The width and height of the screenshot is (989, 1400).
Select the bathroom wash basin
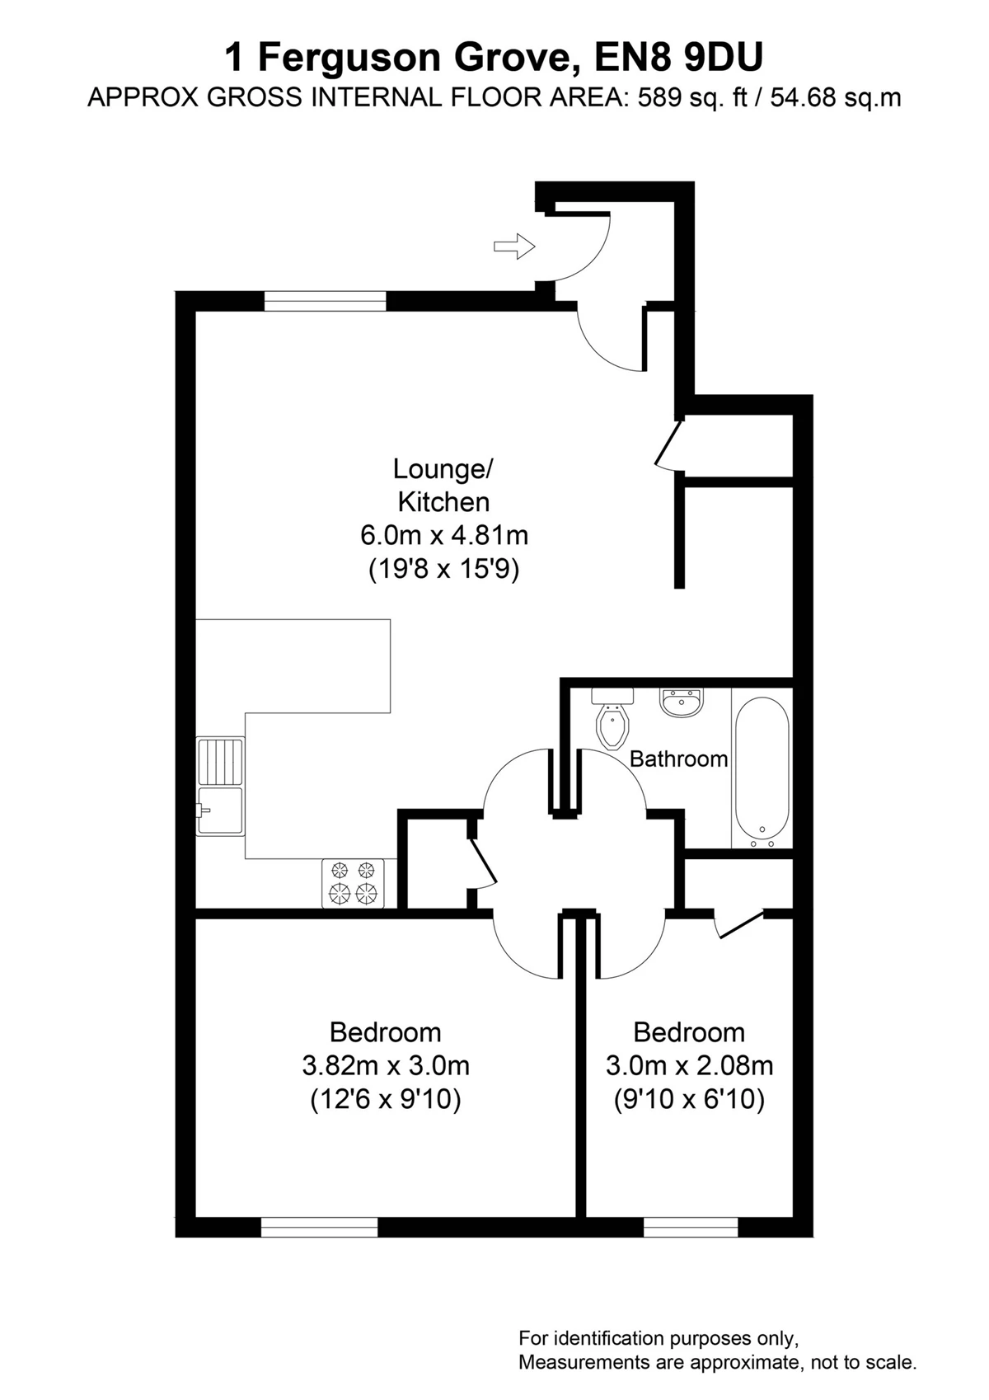coord(682,703)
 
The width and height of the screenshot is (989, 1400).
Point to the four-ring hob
coord(353,882)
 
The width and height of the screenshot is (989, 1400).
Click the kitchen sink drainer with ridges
coord(220,761)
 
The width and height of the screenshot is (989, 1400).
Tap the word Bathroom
coord(678,759)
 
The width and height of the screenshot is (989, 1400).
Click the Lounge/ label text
coord(443,469)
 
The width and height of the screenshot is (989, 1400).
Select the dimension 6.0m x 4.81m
coord(444,535)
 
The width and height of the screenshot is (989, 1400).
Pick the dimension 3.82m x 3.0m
coord(386,1065)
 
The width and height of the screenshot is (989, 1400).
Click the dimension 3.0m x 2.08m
coord(689,1065)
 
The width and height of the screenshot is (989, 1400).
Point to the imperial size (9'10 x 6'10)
coord(689,1099)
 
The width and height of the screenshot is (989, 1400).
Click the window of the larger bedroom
coord(319,1227)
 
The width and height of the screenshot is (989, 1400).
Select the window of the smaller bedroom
coord(691,1227)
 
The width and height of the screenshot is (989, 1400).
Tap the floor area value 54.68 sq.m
coord(836,98)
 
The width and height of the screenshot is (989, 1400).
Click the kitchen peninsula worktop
coord(293,666)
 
